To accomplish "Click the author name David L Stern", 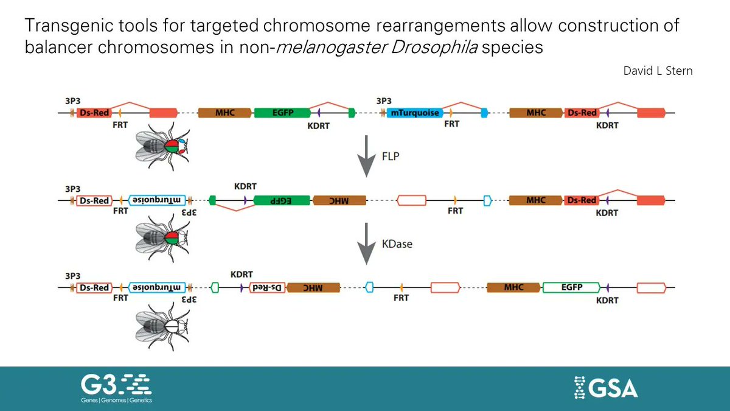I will pyautogui.click(x=658, y=71).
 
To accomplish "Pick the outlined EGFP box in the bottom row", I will pyautogui.click(x=571, y=286).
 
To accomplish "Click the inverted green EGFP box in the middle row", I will pyautogui.click(x=282, y=200).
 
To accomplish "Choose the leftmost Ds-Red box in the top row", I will pyautogui.click(x=94, y=113).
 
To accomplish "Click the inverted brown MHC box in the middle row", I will pyautogui.click(x=339, y=200).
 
